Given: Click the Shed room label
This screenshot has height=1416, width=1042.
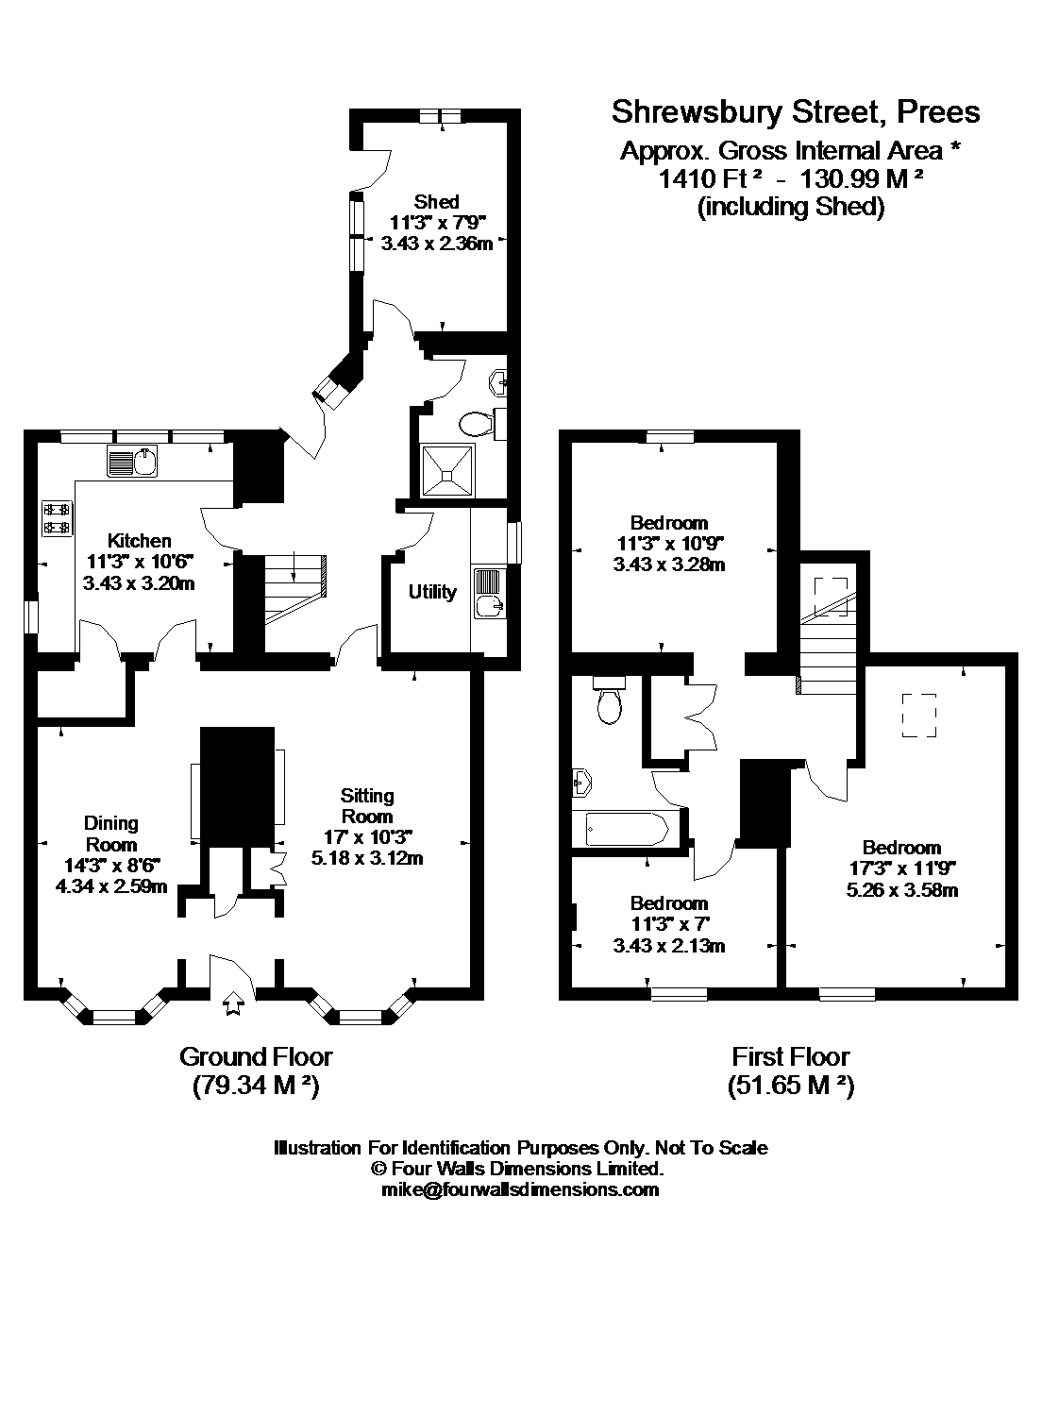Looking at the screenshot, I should pyautogui.click(x=437, y=201).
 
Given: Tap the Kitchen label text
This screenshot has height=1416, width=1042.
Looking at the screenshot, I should pyautogui.click(x=139, y=541).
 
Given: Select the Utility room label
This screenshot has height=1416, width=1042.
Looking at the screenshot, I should pyautogui.click(x=432, y=592).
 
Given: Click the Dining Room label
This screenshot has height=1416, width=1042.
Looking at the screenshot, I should pyautogui.click(x=111, y=834).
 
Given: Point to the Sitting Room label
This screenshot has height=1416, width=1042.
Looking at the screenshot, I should pyautogui.click(x=367, y=805).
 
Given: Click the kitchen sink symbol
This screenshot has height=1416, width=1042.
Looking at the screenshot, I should pyautogui.click(x=131, y=462).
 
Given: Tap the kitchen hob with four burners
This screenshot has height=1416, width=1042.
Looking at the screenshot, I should pyautogui.click(x=57, y=518).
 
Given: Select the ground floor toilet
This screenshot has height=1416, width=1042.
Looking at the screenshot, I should pyautogui.click(x=477, y=422).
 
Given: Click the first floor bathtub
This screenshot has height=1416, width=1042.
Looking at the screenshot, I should pyautogui.click(x=626, y=829).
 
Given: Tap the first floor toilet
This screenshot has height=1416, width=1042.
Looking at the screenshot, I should pyautogui.click(x=608, y=701).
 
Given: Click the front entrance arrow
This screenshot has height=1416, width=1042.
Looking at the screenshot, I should pyautogui.click(x=232, y=1004).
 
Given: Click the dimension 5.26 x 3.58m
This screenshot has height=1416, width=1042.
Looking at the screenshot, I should pyautogui.click(x=901, y=889).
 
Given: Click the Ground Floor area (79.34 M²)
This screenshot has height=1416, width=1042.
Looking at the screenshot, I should pyautogui.click(x=256, y=1086).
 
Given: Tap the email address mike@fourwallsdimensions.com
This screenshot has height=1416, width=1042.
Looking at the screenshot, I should pyautogui.click(x=520, y=1189).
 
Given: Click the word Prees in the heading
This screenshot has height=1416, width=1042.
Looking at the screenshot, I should pyautogui.click(x=937, y=112).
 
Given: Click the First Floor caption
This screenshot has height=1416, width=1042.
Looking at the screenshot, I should pyautogui.click(x=790, y=1056).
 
